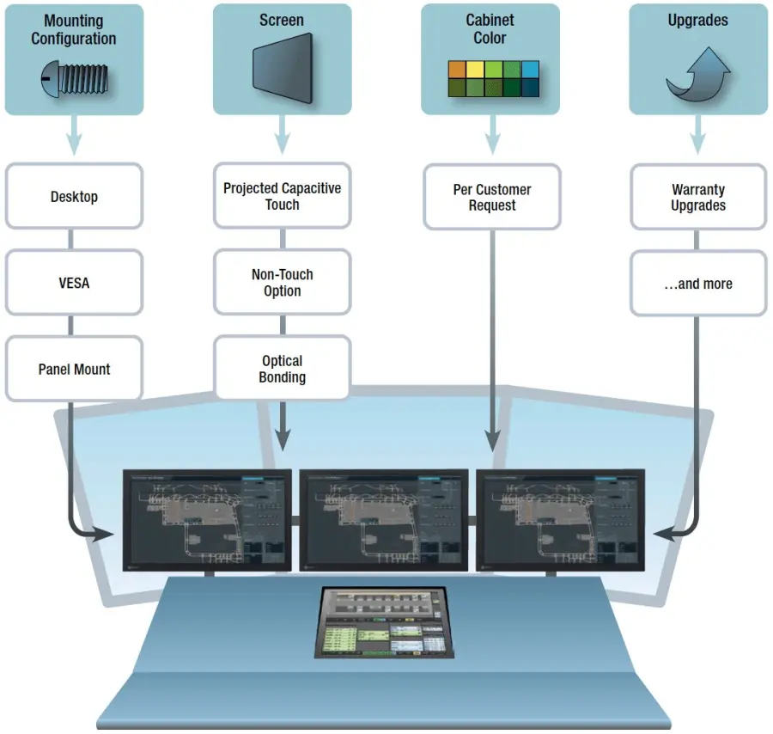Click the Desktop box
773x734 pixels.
[74, 197]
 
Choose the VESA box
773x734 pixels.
[74, 283]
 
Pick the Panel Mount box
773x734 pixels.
[74, 370]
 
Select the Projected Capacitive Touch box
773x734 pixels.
[282, 196]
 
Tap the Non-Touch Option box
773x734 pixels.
[282, 283]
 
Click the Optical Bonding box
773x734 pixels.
[282, 369]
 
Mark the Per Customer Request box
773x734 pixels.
[492, 197]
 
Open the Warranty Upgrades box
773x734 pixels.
[698, 197]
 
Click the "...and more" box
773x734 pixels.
[698, 284]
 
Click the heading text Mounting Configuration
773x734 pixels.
[74, 29]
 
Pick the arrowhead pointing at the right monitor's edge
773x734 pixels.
[659, 535]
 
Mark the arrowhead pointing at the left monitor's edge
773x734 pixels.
[107, 535]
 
